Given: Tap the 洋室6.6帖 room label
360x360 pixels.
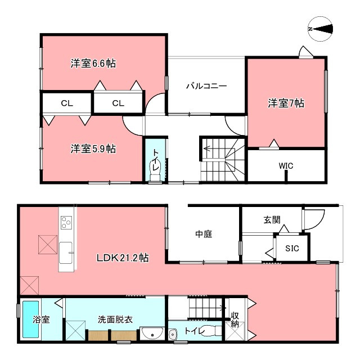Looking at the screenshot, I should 93,63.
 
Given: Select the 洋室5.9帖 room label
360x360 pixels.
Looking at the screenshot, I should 93,149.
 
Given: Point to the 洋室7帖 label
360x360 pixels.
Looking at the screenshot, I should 286,103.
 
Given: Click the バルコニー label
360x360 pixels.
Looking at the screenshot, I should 206,86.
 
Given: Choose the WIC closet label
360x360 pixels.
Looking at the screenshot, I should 286,166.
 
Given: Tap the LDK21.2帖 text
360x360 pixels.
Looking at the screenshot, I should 122,258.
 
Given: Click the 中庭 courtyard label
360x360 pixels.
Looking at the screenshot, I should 204,235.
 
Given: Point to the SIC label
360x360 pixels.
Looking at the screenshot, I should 292,248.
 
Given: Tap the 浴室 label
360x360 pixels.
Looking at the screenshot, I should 40,319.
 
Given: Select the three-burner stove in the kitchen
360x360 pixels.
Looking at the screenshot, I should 66,222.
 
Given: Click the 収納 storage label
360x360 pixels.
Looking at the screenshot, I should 235,319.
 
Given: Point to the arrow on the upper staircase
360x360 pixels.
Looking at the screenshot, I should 208,150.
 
